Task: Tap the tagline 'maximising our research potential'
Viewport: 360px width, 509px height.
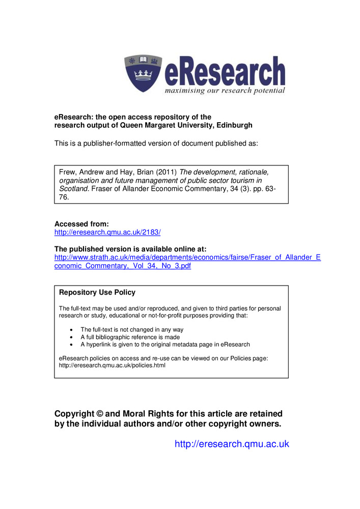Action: click(224, 91)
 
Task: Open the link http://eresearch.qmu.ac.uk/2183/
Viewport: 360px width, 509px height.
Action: click(107, 232)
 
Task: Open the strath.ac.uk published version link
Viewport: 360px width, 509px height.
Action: click(187, 258)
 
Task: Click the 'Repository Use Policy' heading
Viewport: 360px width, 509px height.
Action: click(97, 293)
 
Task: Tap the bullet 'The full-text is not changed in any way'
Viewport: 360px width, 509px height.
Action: click(131, 330)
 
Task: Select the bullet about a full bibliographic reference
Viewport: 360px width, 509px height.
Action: click(130, 337)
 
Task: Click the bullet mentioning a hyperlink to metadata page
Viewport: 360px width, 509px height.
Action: click(165, 344)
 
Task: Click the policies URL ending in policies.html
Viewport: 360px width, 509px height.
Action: click(112, 365)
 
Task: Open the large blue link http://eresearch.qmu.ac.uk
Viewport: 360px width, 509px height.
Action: click(232, 444)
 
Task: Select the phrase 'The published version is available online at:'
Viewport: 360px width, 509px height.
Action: click(130, 249)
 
